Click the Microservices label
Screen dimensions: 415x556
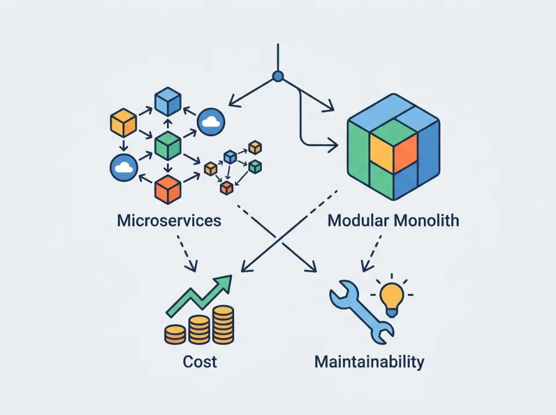pyautogui.click(x=169, y=221)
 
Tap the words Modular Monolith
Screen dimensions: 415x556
pyautogui.click(x=393, y=221)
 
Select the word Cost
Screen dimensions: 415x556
pyautogui.click(x=200, y=362)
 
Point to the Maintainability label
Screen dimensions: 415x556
pyautogui.click(x=369, y=362)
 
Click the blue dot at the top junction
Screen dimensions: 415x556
pyautogui.click(x=278, y=75)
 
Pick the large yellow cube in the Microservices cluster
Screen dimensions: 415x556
pyautogui.click(x=123, y=123)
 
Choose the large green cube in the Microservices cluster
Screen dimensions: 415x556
pyautogui.click(x=167, y=145)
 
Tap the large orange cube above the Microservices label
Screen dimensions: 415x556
pyautogui.click(x=167, y=189)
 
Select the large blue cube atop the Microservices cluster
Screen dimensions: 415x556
pyautogui.click(x=168, y=102)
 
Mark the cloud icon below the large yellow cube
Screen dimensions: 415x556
pyautogui.click(x=123, y=168)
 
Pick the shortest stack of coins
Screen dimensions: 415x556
pyautogui.click(x=175, y=334)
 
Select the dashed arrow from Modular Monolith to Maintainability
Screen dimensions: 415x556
pyautogui.click(x=372, y=252)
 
